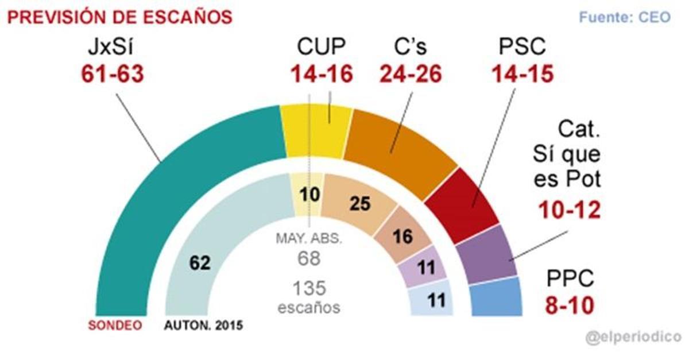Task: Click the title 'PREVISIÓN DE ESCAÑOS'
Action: (119, 17)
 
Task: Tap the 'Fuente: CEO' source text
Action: (624, 17)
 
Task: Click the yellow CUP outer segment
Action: (316, 131)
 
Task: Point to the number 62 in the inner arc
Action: (201, 263)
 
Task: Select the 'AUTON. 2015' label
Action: (203, 326)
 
